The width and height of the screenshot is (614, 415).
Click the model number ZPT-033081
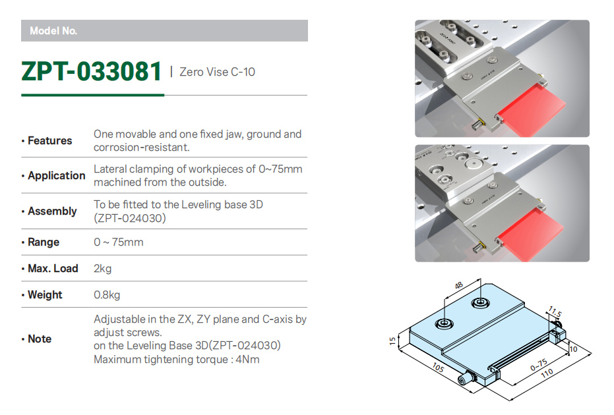[x=91, y=71]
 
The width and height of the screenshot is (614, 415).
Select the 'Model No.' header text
[x=53, y=31]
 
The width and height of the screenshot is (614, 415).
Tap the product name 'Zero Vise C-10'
[x=217, y=72]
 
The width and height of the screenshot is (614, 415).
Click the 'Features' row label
[x=49, y=140]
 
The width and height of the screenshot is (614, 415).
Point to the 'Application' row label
[x=57, y=176]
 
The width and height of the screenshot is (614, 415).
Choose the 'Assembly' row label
[x=52, y=211]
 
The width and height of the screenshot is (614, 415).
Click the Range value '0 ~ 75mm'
[x=118, y=242]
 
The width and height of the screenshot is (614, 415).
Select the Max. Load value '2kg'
[x=103, y=269]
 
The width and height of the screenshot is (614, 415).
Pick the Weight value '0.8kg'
[x=107, y=294]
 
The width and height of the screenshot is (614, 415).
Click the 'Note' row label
[x=40, y=339]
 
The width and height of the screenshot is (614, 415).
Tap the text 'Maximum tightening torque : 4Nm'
[x=176, y=360]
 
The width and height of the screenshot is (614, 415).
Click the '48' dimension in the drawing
[x=459, y=285]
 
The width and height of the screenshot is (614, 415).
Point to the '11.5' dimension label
[x=555, y=312]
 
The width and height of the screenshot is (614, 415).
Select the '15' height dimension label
[x=393, y=341]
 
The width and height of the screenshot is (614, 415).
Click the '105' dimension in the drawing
[x=438, y=368]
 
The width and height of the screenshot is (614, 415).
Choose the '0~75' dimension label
[x=539, y=364]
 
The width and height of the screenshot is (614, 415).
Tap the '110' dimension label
[x=547, y=373]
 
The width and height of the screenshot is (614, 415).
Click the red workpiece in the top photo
[x=531, y=111]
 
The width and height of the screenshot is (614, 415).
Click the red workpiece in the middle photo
[x=531, y=235]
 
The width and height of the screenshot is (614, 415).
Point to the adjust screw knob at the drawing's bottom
[x=465, y=379]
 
